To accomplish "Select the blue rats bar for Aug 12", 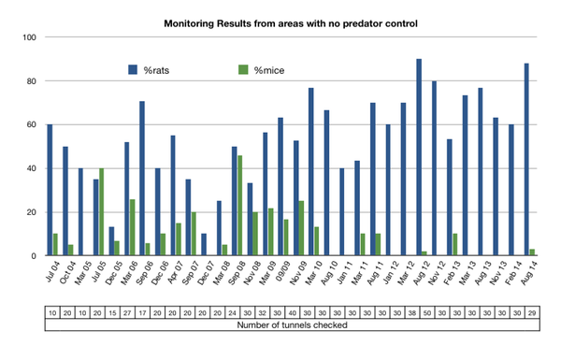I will [419, 157].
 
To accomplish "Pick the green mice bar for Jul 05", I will [101, 212].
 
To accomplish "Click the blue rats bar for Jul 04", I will [50, 190].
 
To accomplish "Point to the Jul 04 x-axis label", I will [50, 278].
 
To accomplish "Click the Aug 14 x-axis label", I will [528, 278].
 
